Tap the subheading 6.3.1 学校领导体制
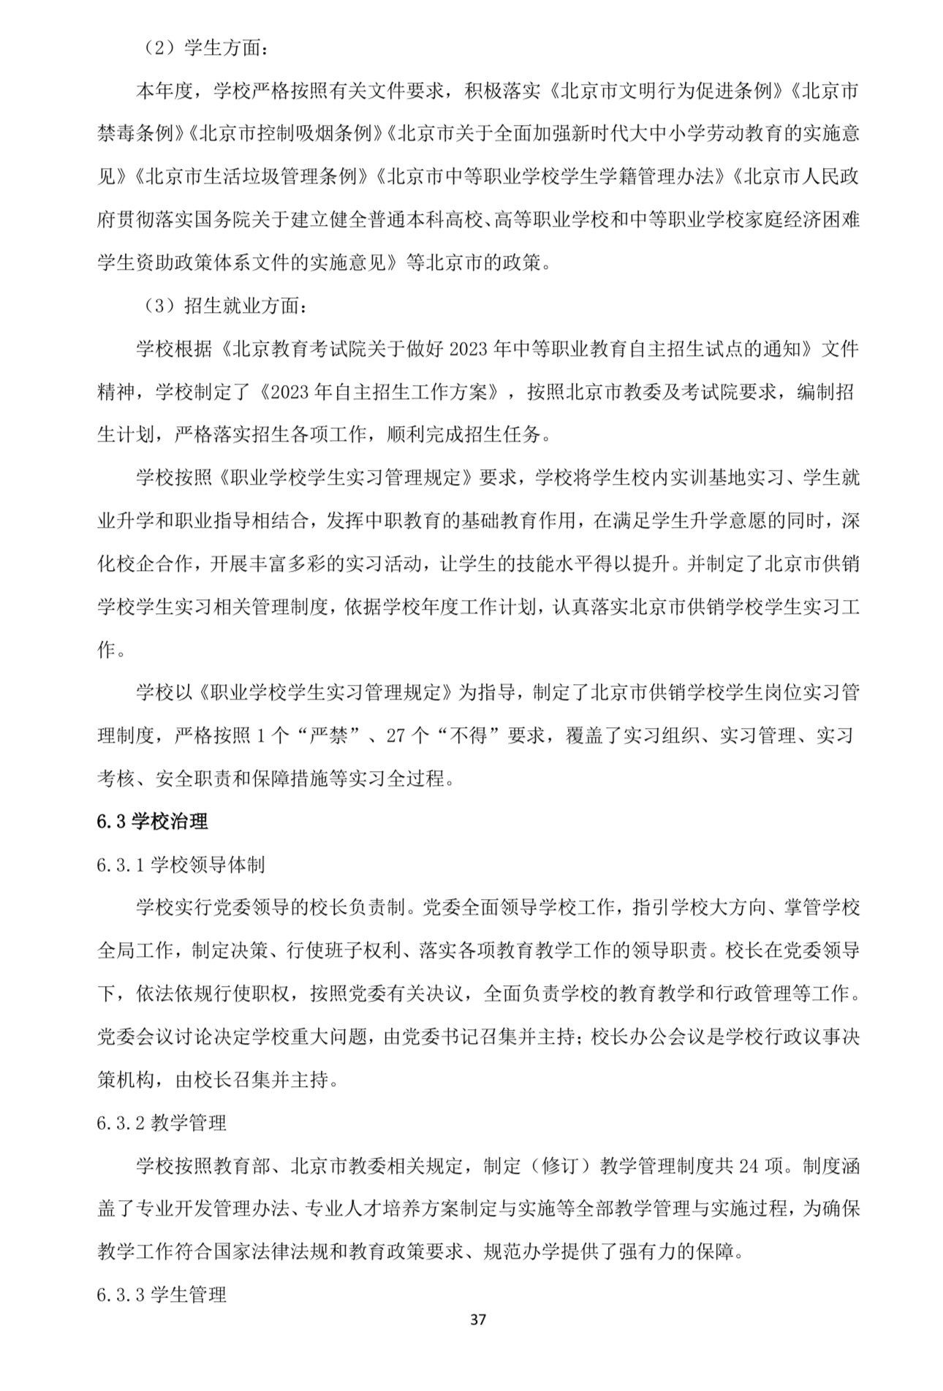click(181, 865)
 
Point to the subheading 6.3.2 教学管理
click(162, 1122)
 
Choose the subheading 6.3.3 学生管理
click(162, 1295)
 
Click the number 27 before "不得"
click(395, 736)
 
